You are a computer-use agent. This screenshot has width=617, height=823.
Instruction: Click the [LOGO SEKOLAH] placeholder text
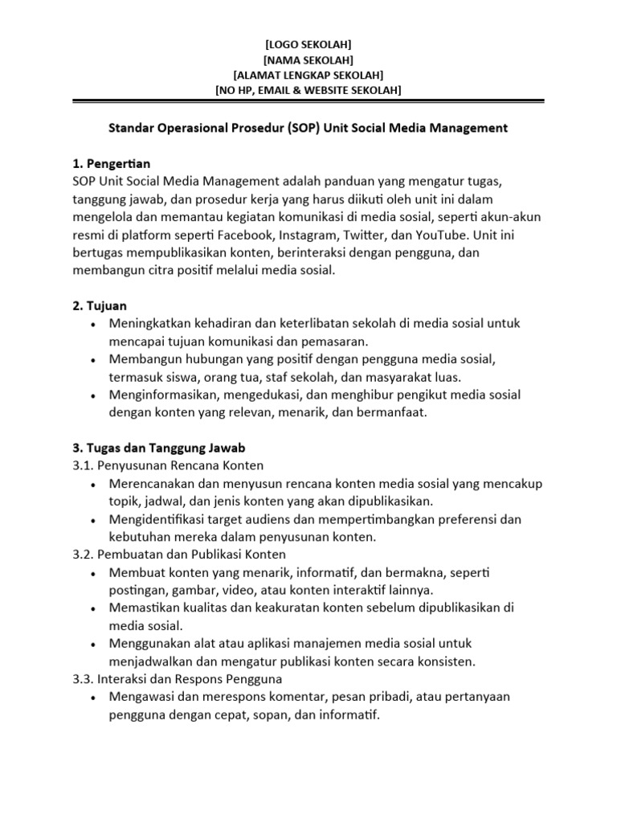point(308,44)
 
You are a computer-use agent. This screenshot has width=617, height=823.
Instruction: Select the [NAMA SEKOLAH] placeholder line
point(308,59)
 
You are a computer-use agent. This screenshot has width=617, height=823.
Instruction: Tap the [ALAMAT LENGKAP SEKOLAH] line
point(308,75)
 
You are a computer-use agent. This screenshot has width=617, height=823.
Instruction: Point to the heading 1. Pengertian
point(109,164)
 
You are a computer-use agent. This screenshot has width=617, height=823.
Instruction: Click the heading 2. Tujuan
point(100,306)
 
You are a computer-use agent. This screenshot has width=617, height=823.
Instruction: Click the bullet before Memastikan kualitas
point(94,609)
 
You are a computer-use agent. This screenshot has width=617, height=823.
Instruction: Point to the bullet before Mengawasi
point(94,698)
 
